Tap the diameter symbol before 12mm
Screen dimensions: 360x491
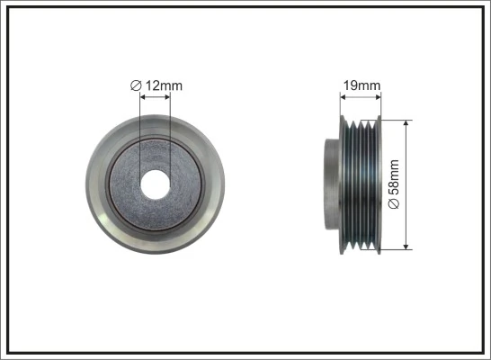pyautogui.click(x=135, y=85)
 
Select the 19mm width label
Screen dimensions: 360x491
pyautogui.click(x=362, y=85)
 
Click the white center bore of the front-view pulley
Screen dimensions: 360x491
pyautogui.click(x=156, y=184)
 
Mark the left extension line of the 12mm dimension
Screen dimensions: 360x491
pyautogui.click(x=141, y=126)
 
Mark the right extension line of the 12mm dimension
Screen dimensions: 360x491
pyautogui.click(x=170, y=126)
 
